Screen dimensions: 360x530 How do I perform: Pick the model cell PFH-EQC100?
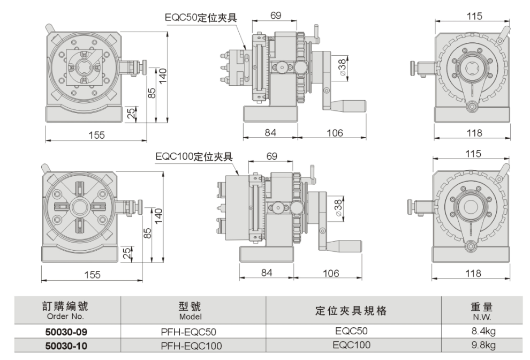[x=191, y=345]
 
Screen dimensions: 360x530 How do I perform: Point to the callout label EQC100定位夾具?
[x=193, y=156]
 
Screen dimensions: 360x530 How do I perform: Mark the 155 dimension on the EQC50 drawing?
[x=96, y=135]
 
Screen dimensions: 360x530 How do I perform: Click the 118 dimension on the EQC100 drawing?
[x=474, y=273]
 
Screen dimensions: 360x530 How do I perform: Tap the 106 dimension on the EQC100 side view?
[x=331, y=273]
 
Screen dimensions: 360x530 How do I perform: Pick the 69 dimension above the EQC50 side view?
[x=276, y=16]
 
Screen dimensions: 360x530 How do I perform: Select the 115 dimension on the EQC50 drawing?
[x=474, y=16]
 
